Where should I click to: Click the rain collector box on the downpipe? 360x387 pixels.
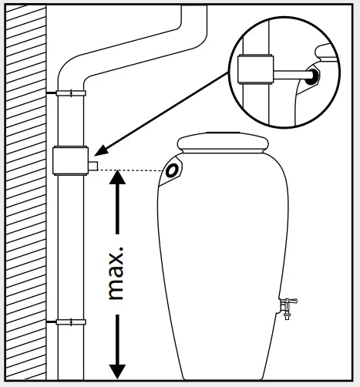coord(69,160)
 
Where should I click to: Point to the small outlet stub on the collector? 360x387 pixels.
coord(93,165)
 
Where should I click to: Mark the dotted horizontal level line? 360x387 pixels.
coord(131,170)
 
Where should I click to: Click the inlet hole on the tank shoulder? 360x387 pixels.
coord(173,170)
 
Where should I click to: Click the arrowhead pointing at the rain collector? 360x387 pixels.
coord(102,152)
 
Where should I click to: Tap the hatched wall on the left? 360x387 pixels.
coord(23,193)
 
